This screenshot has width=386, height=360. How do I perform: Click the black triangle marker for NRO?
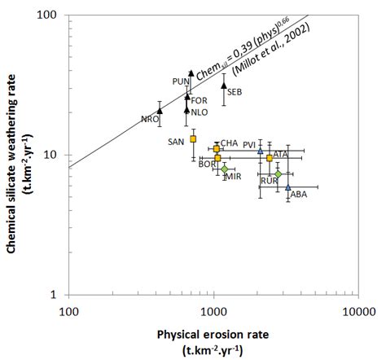coord(160,111)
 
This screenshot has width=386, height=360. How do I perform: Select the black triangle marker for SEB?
coord(224,85)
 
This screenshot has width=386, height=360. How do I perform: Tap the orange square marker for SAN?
coord(193,139)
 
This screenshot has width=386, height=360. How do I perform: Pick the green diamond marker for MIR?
coord(225,169)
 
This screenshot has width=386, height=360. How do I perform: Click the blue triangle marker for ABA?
coord(287,187)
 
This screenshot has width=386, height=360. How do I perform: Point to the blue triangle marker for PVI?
coord(261,151)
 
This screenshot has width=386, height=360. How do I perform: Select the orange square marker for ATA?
coord(270,158)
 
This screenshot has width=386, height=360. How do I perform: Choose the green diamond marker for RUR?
coord(278,174)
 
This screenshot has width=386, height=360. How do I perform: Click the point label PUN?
coord(181,81)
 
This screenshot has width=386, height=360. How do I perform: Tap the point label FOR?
coord(199,100)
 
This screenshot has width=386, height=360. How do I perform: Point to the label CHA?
coord(230,143)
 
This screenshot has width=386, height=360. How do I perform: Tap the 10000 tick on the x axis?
coord(358,310)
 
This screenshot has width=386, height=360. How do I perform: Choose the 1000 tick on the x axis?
coord(213,310)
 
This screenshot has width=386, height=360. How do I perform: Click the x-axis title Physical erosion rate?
coord(213,332)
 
